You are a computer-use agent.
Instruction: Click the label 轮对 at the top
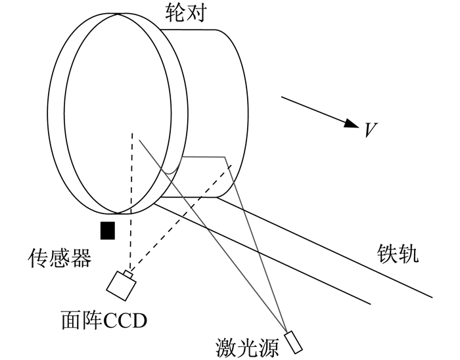click(186, 13)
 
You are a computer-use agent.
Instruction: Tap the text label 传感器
click(60, 258)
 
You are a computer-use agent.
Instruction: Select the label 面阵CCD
click(104, 321)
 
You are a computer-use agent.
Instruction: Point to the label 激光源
click(247, 349)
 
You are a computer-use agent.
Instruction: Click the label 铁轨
click(398, 254)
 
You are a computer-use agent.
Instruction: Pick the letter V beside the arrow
click(371, 130)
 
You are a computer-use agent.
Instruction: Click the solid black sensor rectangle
click(108, 231)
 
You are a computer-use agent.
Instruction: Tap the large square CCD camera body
click(121, 286)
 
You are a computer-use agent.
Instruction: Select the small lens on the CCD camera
click(128, 274)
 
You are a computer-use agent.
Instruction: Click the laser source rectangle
click(293, 342)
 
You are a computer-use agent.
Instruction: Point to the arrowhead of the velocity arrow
click(351, 124)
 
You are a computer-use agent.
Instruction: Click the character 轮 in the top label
click(175, 13)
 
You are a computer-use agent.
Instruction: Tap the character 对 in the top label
click(196, 13)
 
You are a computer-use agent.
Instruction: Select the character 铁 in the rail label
click(387, 254)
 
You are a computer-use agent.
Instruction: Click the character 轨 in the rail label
click(408, 254)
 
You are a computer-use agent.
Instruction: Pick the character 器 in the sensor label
click(81, 258)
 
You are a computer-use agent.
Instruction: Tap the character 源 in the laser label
click(268, 349)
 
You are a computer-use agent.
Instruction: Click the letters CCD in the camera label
click(126, 321)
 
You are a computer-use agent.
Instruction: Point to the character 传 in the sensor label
click(38, 258)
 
